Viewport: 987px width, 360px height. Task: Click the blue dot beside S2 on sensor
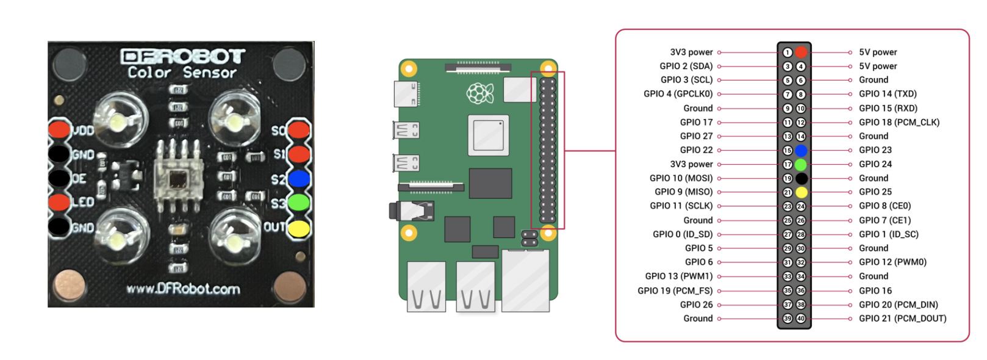299,179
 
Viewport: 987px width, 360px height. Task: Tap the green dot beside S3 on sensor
299,203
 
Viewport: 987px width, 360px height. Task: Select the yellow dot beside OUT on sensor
299,229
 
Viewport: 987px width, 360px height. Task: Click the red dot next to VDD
59,129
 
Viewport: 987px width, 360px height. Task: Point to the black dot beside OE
59,178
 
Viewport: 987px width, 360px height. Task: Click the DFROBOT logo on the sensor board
182,57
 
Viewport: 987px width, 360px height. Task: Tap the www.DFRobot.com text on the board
183,289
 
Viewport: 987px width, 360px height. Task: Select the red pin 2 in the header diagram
801,52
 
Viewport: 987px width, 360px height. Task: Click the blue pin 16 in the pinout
801,150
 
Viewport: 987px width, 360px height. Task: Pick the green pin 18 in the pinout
801,164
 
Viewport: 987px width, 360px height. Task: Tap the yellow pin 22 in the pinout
801,192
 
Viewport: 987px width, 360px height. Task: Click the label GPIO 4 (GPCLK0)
678,94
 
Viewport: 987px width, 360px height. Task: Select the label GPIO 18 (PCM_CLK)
899,122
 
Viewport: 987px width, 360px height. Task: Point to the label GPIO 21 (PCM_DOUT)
902,319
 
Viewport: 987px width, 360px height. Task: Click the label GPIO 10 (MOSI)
681,178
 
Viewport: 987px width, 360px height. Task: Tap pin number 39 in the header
788,319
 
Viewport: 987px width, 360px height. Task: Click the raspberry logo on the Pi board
480,93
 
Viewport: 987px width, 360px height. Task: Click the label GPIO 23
875,150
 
